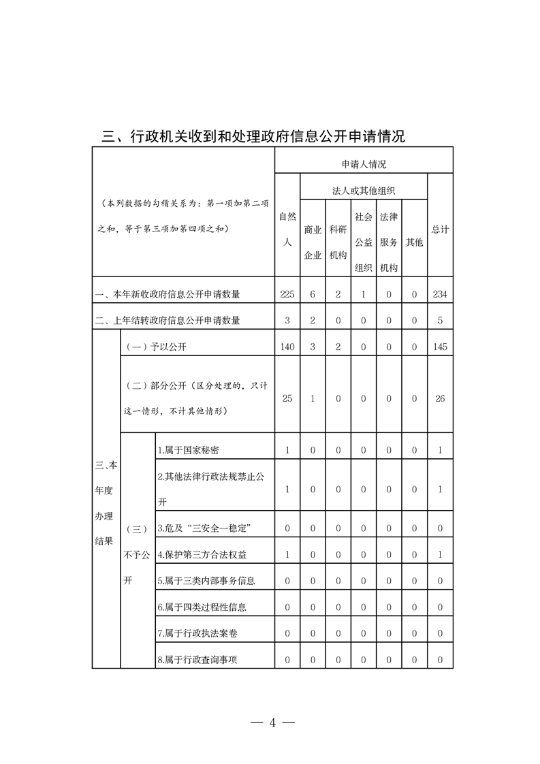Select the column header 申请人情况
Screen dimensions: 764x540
tap(364, 164)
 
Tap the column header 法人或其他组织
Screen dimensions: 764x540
tap(364, 190)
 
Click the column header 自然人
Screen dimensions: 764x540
tap(287, 229)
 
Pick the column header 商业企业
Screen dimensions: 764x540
tap(313, 242)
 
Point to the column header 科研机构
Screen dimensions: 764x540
tap(338, 242)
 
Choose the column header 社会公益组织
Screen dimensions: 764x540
tap(364, 242)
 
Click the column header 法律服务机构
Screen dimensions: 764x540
tap(389, 242)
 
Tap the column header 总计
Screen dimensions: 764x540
tap(440, 229)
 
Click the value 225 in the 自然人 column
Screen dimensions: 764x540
tap(287, 294)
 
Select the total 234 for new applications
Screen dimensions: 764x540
tap(440, 294)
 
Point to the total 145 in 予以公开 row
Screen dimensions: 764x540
tap(440, 347)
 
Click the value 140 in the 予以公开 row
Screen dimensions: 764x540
tap(287, 347)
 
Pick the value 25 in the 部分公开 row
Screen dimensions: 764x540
tap(287, 398)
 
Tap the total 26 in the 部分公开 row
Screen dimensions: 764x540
tap(440, 398)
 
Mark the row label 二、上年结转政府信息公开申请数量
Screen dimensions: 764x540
tap(168, 321)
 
